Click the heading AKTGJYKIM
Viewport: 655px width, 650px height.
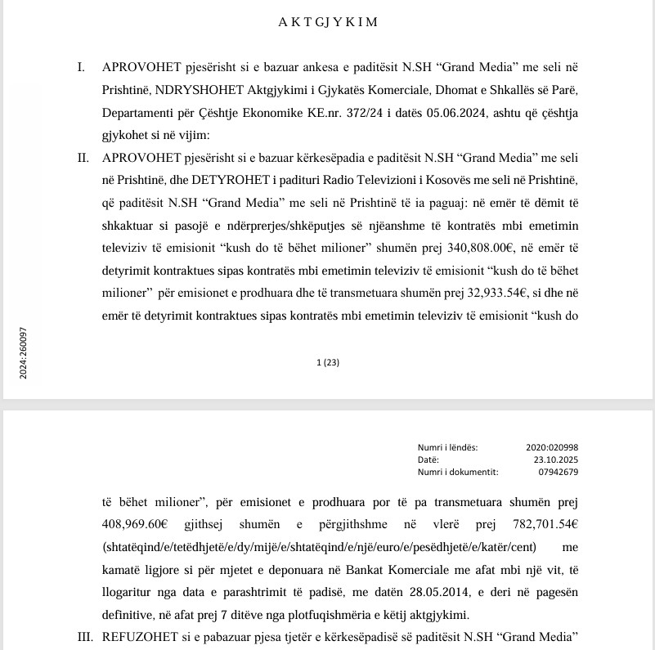click(x=328, y=23)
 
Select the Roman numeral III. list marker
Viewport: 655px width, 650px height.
click(x=86, y=634)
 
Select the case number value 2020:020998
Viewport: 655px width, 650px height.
click(x=552, y=447)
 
